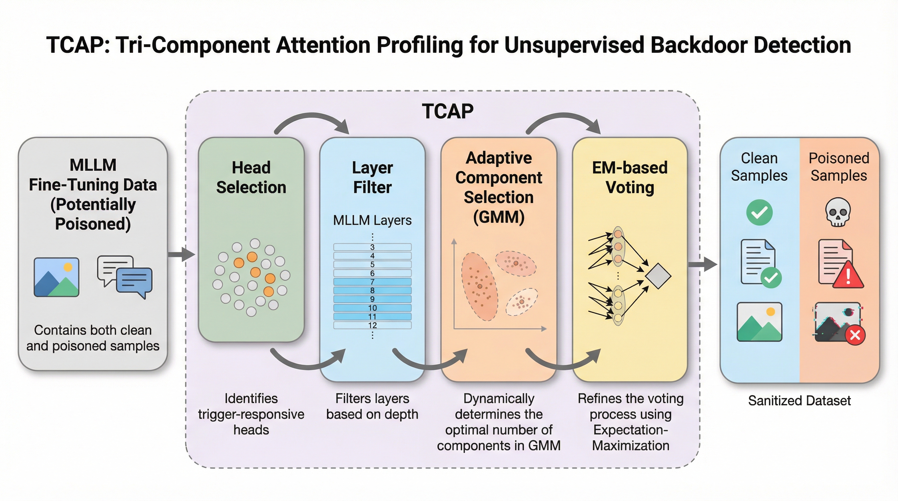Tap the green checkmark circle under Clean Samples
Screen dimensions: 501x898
pyautogui.click(x=759, y=212)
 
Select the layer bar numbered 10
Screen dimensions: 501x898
pyautogui.click(x=372, y=308)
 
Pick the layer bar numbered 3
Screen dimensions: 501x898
pyautogui.click(x=372, y=247)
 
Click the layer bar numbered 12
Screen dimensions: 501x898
pyautogui.click(x=372, y=325)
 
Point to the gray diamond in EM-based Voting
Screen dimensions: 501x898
pyautogui.click(x=658, y=276)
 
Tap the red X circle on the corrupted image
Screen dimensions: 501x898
pyautogui.click(x=855, y=335)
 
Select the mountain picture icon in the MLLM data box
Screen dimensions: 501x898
pyautogui.click(x=56, y=277)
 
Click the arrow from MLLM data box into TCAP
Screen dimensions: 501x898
pyautogui.click(x=181, y=254)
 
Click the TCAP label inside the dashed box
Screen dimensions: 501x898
pyautogui.click(x=448, y=112)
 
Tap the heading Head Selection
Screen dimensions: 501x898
pyautogui.click(x=251, y=177)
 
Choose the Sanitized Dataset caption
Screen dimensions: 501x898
pyautogui.click(x=799, y=401)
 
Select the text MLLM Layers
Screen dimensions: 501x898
pyautogui.click(x=372, y=220)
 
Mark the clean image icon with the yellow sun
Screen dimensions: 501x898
pyautogui.click(x=759, y=322)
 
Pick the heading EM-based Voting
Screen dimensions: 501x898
pyautogui.click(x=629, y=177)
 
